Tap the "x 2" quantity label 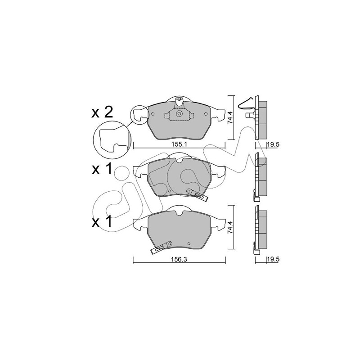(102, 113)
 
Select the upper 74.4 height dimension (230, 117)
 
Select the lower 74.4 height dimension (230, 227)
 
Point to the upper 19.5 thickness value (273, 144)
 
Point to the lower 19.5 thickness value (273, 259)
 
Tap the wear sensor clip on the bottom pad (161, 247)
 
